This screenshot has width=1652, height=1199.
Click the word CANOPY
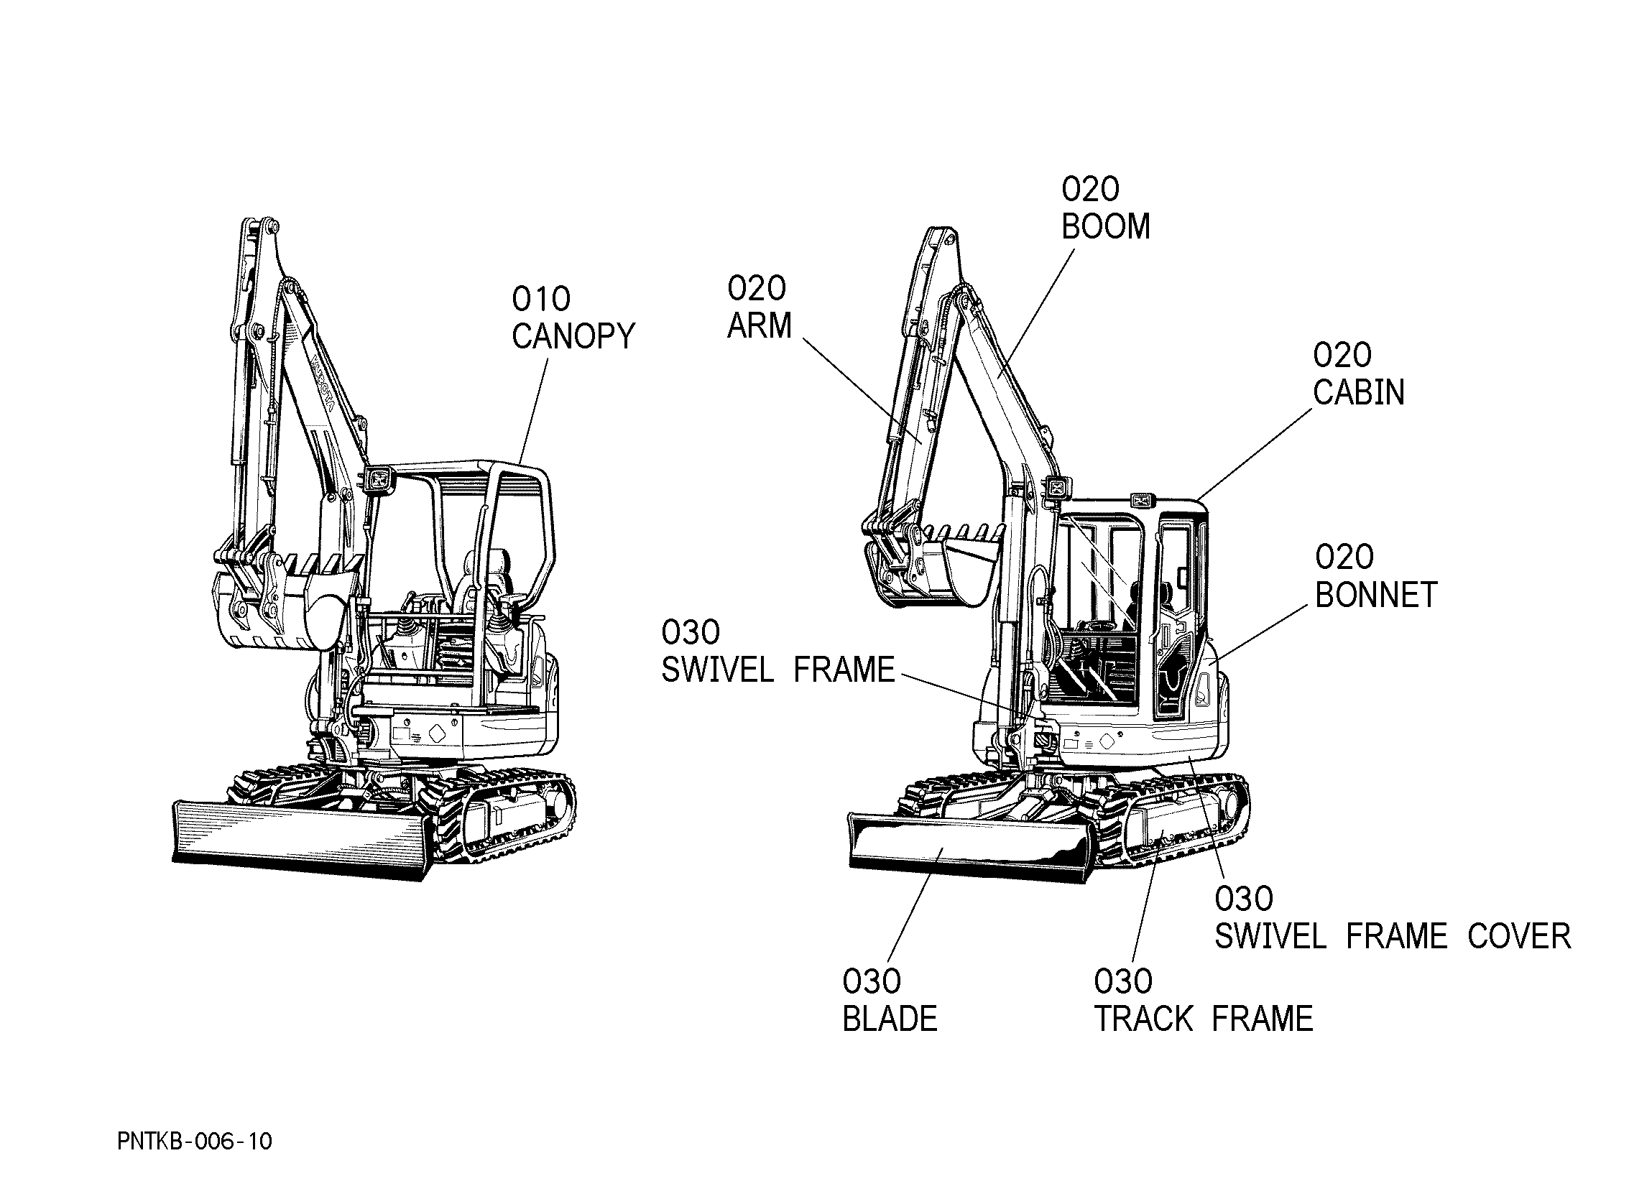[573, 336]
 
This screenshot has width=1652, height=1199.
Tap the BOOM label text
[1106, 226]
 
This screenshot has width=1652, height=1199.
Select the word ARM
[759, 325]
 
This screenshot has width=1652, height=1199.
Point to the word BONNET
[1376, 595]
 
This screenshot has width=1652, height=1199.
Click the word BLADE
[890, 1019]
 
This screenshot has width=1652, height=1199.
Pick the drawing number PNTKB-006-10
[195, 1142]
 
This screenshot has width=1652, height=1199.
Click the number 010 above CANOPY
[541, 299]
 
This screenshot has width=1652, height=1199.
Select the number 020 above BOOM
[1090, 190]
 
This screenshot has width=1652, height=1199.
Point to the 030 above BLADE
[872, 982]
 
